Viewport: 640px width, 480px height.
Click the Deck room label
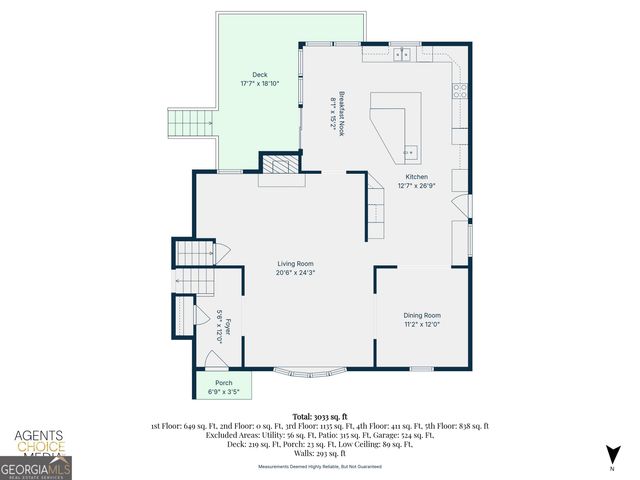point(260,75)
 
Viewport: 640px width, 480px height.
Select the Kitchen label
point(416,176)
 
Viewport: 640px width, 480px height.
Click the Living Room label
point(296,264)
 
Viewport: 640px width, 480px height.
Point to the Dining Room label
point(421,314)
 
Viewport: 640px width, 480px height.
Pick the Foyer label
point(227,325)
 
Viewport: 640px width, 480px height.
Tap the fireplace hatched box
point(280,165)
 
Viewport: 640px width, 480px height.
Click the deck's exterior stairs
point(191,125)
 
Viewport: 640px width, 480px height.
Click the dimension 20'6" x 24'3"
point(296,273)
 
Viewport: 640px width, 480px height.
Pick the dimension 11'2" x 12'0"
point(421,323)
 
